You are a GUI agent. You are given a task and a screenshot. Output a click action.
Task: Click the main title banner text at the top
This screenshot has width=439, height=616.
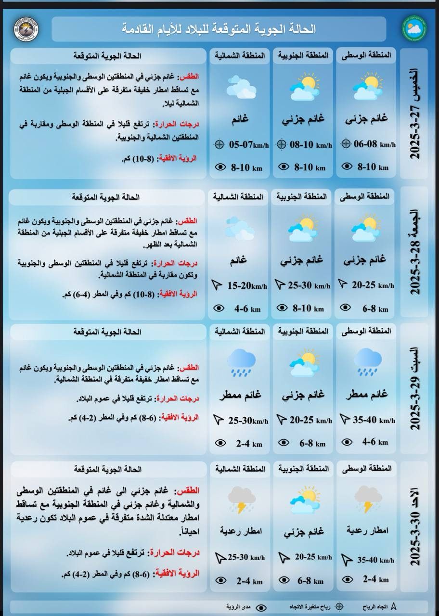tap(219, 29)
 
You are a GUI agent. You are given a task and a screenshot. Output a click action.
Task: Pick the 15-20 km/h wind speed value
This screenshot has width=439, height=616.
tap(246, 286)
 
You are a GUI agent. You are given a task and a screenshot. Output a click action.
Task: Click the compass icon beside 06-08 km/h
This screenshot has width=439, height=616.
tap(345, 143)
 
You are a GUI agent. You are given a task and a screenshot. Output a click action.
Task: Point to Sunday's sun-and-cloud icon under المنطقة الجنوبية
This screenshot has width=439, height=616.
tap(304, 501)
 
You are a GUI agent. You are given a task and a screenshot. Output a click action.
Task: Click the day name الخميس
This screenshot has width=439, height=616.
tap(415, 89)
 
